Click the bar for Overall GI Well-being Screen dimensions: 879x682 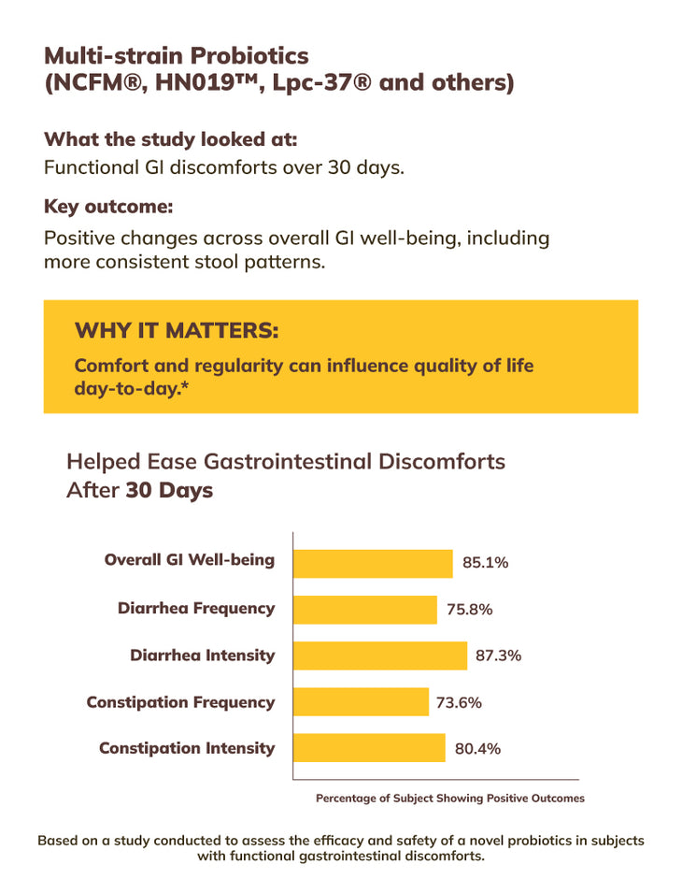click(x=373, y=563)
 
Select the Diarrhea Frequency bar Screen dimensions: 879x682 click(x=364, y=610)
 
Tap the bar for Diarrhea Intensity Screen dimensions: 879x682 click(x=379, y=656)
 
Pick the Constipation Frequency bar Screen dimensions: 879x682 click(x=361, y=702)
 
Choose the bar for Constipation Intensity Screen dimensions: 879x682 click(x=369, y=748)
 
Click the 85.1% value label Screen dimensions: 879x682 click(x=485, y=563)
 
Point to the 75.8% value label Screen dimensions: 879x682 click(x=469, y=610)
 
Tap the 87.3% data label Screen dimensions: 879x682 click(x=499, y=656)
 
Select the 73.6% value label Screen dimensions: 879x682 click(x=459, y=702)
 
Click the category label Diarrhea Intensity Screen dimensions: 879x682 click(x=203, y=655)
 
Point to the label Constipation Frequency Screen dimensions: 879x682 click(x=181, y=701)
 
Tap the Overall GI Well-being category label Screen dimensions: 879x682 click(x=190, y=560)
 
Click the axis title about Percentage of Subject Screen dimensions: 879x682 click(x=450, y=799)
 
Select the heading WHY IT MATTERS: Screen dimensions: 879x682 click(x=177, y=331)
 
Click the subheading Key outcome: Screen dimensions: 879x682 click(x=108, y=206)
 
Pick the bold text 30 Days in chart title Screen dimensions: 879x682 click(x=169, y=490)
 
